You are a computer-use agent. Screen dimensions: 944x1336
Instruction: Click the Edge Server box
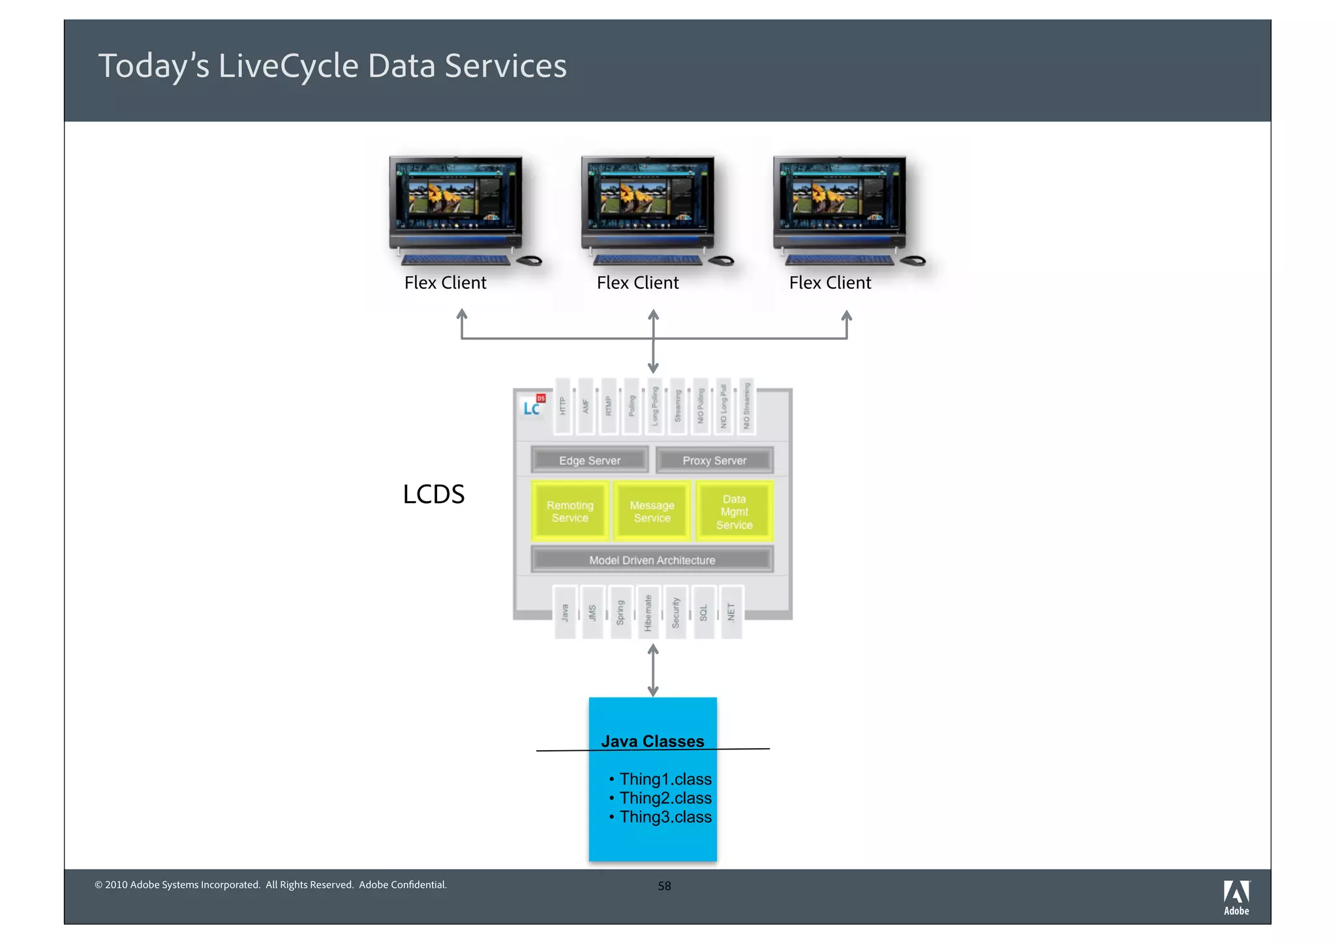pos(590,460)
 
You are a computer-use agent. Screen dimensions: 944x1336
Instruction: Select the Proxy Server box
pos(714,460)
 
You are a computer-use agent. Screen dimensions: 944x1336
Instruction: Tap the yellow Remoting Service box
pos(570,511)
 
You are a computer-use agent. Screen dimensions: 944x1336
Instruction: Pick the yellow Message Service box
pos(652,511)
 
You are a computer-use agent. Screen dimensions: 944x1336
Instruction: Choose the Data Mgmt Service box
pos(734,511)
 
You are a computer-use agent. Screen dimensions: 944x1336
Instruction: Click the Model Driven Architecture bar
pos(652,560)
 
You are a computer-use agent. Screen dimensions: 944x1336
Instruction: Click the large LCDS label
pos(433,494)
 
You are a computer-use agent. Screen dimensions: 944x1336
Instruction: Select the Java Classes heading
pos(652,741)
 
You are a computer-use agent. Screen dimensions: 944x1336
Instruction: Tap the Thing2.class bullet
pos(665,798)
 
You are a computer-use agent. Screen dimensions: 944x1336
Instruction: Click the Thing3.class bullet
pos(665,817)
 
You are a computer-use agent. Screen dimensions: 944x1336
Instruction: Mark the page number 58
pos(664,886)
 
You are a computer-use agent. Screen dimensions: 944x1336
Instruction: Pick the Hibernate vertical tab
pos(648,613)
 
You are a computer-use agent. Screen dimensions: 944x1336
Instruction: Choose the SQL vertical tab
pos(703,613)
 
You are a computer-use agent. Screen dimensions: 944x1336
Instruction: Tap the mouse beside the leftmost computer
pos(530,261)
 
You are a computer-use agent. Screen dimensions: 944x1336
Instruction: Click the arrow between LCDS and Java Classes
pos(653,670)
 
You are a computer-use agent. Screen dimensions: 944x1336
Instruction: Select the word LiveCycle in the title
pos(288,66)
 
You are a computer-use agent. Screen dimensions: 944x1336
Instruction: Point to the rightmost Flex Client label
pos(830,282)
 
